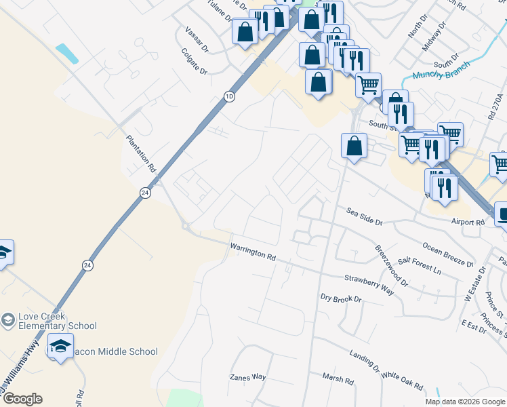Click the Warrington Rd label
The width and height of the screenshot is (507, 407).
tap(254, 253)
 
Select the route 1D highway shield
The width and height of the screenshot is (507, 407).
tap(229, 98)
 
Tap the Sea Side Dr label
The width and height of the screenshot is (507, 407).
tap(365, 216)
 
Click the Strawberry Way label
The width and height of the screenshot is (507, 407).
tap(369, 284)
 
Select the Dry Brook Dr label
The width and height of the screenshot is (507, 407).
tap(342, 298)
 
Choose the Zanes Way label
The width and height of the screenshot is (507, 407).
tap(247, 377)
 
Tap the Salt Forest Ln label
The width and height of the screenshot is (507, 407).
tap(420, 265)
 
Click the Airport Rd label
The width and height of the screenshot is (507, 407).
tap(467, 222)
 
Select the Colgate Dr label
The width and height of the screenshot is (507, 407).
tap(195, 60)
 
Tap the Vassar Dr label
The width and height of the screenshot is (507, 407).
tap(197, 38)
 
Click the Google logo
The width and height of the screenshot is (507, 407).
tap(22, 399)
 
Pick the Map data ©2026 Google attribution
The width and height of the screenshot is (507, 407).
tap(465, 402)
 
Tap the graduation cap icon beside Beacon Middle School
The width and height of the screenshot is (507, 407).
tap(61, 346)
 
